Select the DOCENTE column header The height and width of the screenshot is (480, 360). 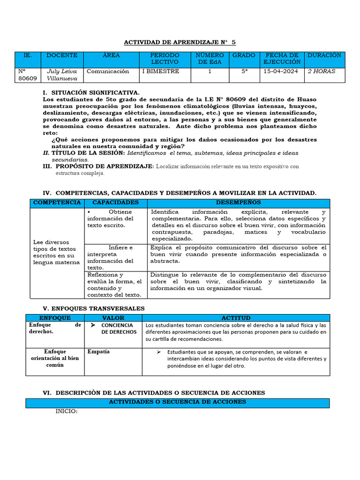pyautogui.click(x=62, y=55)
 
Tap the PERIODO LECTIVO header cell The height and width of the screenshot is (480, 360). pyautogui.click(x=165, y=59)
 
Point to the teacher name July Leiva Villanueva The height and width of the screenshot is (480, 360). pyautogui.click(x=62, y=75)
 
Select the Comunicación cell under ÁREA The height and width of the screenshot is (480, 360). pyautogui.click(x=108, y=72)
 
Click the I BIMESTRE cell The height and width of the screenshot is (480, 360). pyautogui.click(x=160, y=72)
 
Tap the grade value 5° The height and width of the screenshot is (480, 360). pyautogui.click(x=244, y=72)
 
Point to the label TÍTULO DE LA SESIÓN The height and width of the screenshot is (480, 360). pyautogui.click(x=88, y=153)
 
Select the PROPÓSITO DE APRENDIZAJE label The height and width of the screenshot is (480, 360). pyautogui.click(x=104, y=166)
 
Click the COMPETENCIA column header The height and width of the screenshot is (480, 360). pyautogui.click(x=57, y=202)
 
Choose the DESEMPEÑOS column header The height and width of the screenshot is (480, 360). pyautogui.click(x=238, y=202)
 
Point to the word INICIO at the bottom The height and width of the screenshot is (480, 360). pyautogui.click(x=66, y=412)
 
